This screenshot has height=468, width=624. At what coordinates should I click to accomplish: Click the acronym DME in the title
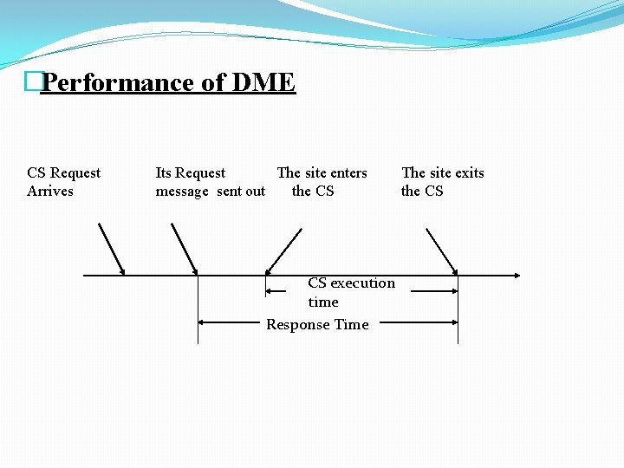[x=262, y=83]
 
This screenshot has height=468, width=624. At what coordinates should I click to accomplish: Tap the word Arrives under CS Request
[x=50, y=192]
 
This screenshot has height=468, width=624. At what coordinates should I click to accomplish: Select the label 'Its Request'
[x=190, y=173]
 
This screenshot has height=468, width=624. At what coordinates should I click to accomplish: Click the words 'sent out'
[x=241, y=192]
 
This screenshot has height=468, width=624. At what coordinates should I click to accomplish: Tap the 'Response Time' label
[x=317, y=325]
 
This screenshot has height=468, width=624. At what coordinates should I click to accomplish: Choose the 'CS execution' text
[x=351, y=283]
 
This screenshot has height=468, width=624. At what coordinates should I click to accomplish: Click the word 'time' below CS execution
[x=323, y=302]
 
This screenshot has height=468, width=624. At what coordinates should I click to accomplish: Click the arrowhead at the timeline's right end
[x=517, y=276]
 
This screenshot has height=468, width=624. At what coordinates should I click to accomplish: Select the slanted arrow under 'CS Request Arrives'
[x=112, y=248]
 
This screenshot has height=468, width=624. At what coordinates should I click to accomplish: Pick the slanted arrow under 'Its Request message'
[x=185, y=248]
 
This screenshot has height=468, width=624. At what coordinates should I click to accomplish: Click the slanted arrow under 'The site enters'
[x=283, y=250]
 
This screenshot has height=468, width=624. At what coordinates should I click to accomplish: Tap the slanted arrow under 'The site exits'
[x=442, y=250]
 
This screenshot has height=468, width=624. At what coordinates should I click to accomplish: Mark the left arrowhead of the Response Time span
[x=202, y=322]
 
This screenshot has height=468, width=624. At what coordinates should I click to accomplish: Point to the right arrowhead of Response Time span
[x=454, y=322]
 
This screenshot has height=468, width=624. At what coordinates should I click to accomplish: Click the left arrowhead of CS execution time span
[x=270, y=291]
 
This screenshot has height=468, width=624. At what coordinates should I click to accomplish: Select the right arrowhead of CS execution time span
[x=454, y=291]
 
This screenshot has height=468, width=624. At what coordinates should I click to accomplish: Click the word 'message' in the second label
[x=182, y=192]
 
